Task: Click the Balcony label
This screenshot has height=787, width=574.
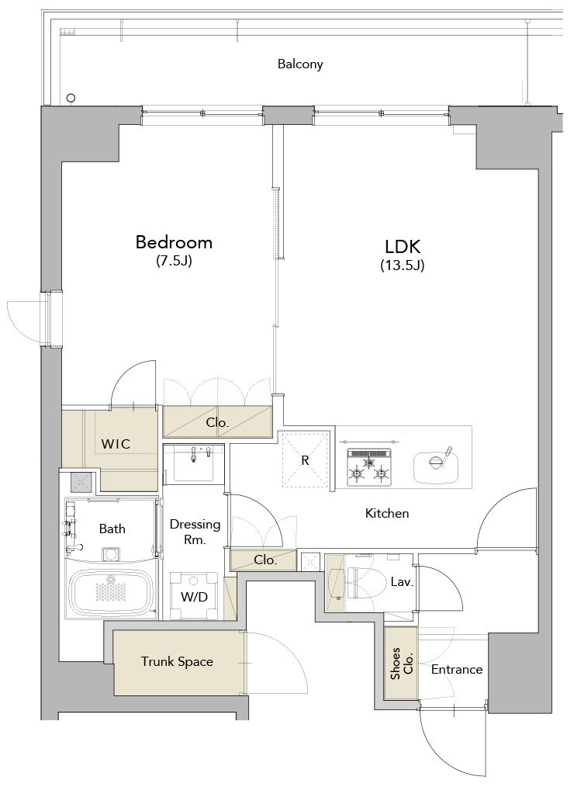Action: pos(300,64)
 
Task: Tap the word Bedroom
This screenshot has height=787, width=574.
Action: pos(174,242)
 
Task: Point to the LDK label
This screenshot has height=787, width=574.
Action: pos(403,247)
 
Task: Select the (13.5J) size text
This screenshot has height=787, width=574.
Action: pos(402,265)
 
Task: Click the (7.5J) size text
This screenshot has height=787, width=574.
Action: pos(174,261)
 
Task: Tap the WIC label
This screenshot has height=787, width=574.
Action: pos(116,444)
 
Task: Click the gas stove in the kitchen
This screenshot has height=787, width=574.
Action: pos(368,466)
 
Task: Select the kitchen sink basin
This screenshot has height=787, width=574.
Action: pos(436,466)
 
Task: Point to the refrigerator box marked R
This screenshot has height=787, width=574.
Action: pos(305,459)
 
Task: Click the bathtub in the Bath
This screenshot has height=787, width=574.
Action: pos(110,593)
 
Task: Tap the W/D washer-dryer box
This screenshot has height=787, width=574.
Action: pos(193,596)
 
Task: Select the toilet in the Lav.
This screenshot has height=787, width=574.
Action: pos(360,582)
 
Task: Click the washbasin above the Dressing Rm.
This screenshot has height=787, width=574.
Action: pos(194,463)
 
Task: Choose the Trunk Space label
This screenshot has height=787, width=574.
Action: pos(177,662)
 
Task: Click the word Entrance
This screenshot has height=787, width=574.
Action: pos(457,670)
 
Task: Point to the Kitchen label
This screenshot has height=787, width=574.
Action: pos(387,514)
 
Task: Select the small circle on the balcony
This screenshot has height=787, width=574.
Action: pos(71,98)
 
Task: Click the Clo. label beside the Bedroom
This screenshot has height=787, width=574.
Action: pos(217,423)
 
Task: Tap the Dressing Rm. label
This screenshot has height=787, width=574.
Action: pos(195,532)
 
